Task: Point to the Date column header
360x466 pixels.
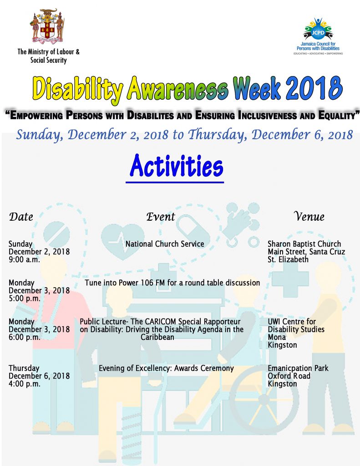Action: (21, 217)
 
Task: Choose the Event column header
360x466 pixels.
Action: (160, 217)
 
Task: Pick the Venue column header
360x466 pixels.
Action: (309, 217)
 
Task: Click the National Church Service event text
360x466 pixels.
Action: (165, 244)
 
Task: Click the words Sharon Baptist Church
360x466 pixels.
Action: (304, 244)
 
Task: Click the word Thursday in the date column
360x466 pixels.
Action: (24, 368)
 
